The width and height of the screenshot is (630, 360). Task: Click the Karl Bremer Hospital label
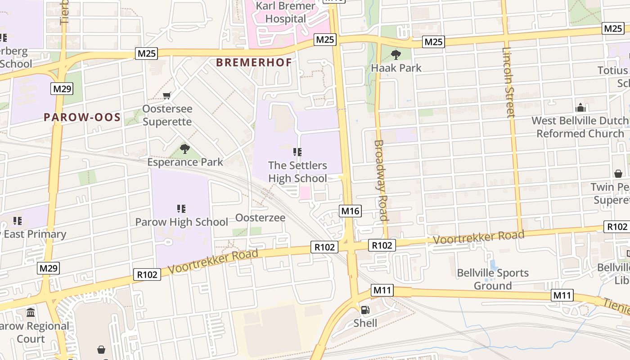coord(285,13)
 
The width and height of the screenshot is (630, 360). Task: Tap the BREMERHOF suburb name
coord(254,63)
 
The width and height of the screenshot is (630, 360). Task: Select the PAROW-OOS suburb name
coord(82,117)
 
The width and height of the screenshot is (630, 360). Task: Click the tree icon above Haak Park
coord(396,55)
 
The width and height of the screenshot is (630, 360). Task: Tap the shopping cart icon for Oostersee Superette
coord(167,95)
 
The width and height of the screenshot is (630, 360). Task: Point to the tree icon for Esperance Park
coord(184,148)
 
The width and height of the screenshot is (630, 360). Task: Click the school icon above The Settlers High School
coord(297,152)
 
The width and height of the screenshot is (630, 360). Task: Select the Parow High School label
coord(181,222)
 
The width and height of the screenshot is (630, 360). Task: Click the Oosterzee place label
coord(260,218)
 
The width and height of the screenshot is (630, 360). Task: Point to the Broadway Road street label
coord(381,180)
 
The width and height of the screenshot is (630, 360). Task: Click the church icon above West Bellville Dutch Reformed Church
coord(580,108)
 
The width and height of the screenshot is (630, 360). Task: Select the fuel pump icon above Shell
coord(365,310)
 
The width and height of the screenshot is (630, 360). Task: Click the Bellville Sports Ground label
coord(492,279)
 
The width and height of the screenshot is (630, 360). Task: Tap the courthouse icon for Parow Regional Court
coord(31,312)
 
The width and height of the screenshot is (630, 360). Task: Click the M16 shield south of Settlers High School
coord(351,211)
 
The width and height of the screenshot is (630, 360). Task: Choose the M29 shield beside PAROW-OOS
coord(62,89)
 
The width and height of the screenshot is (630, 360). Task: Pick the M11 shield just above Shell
coord(382,290)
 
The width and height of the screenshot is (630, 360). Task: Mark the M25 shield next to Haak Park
coord(433,42)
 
